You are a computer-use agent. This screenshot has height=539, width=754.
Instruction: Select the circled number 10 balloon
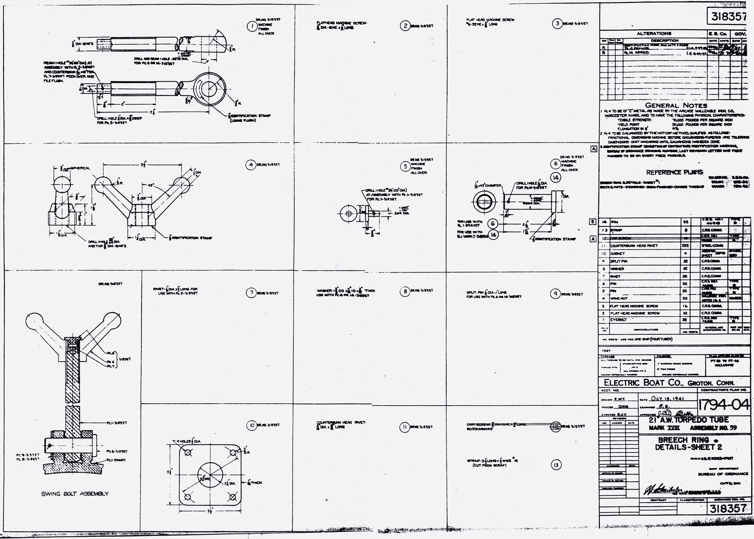(251, 425)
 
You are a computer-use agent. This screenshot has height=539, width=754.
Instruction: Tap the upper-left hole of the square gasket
(188, 453)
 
